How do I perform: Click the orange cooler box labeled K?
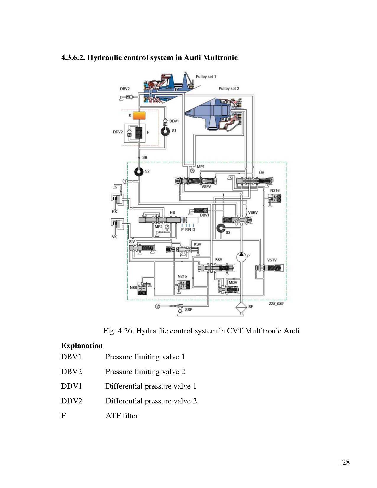(x=139, y=115)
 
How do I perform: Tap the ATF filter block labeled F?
(x=139, y=133)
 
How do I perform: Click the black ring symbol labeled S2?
(x=139, y=171)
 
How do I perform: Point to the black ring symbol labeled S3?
(x=221, y=228)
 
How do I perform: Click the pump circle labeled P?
(x=241, y=256)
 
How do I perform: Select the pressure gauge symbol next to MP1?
(x=192, y=170)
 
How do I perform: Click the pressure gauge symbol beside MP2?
(x=167, y=227)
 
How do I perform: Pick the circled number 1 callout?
(x=125, y=181)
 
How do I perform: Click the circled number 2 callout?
(x=158, y=306)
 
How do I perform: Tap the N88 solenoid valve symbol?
(x=142, y=289)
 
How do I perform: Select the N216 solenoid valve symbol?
(x=276, y=198)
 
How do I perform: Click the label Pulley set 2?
(x=229, y=88)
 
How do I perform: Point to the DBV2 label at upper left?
(x=125, y=89)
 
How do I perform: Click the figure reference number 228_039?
(x=276, y=303)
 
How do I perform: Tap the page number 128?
(x=344, y=462)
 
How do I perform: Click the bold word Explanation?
(x=82, y=345)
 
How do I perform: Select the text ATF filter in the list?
(x=122, y=416)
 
